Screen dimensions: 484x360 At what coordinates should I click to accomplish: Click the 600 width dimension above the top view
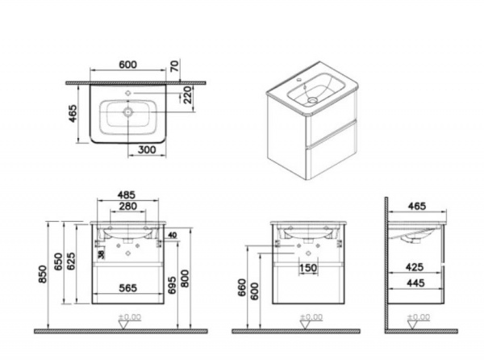pyautogui.click(x=127, y=65)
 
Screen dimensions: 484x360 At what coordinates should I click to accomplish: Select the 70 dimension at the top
pyautogui.click(x=174, y=66)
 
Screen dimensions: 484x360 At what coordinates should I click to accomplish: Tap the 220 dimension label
pyautogui.click(x=187, y=94)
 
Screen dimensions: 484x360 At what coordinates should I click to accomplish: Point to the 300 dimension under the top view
pyautogui.click(x=147, y=150)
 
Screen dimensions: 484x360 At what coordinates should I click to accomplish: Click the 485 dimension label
pyautogui.click(x=127, y=195)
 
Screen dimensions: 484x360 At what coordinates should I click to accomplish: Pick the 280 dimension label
pyautogui.click(x=127, y=206)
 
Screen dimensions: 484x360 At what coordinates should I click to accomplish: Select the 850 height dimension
pyautogui.click(x=43, y=274)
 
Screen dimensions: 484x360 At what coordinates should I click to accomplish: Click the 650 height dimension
pyautogui.click(x=58, y=262)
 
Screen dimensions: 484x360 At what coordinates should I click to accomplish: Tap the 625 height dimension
pyautogui.click(x=71, y=262)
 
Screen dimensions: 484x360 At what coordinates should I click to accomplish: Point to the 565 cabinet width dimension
pyautogui.click(x=127, y=288)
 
